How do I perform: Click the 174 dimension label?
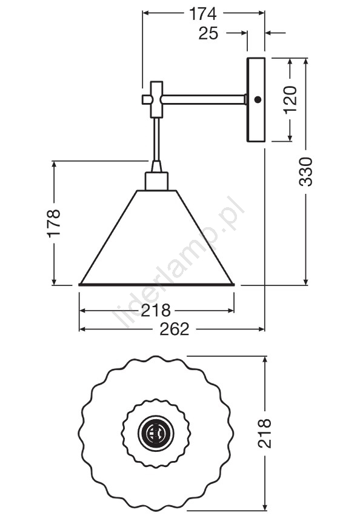[202, 14]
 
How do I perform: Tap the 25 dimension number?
[208, 33]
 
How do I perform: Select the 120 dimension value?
[291, 100]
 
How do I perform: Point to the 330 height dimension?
[305, 172]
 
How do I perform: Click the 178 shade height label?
[54, 224]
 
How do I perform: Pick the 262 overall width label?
[175, 329]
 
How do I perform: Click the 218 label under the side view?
[156, 311]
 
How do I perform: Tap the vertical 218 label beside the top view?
[264, 434]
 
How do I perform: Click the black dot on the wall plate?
[258, 99]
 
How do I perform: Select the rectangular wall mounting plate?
[256, 100]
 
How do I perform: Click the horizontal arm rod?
[204, 99]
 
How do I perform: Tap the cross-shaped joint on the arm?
[155, 99]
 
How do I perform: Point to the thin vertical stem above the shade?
[156, 139]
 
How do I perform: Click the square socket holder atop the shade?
[156, 182]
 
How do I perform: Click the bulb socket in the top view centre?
[156, 434]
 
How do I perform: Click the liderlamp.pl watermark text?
[178, 262]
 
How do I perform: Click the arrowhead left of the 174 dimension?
[146, 13]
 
